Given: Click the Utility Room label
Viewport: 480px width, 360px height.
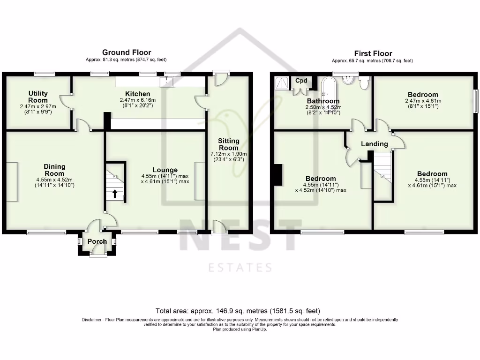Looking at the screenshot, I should [x=38, y=97].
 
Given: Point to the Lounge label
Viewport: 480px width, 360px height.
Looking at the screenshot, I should [x=165, y=170].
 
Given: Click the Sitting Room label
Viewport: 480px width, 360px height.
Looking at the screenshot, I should [x=229, y=144].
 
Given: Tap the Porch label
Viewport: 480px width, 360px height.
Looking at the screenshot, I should [x=98, y=241].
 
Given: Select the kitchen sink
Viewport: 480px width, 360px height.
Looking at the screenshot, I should [x=166, y=82].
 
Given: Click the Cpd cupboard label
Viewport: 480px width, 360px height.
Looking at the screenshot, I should [x=300, y=81].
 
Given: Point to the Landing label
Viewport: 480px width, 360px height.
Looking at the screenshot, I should [x=375, y=144].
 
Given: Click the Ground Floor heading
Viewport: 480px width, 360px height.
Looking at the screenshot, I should [x=127, y=52].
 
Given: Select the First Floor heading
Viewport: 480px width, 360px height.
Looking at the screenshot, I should [x=373, y=53].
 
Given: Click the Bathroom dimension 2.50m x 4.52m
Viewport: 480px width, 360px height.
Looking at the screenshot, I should [x=323, y=107].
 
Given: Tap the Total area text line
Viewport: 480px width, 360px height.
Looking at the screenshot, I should [x=238, y=311].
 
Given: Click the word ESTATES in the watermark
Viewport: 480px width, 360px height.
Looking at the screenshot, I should [x=240, y=268].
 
